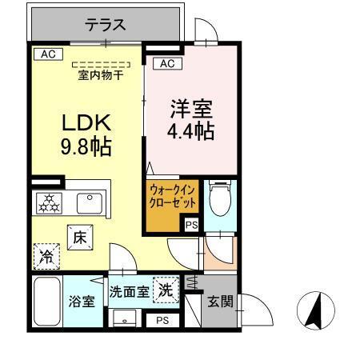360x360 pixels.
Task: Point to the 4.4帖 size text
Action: click(x=192, y=131)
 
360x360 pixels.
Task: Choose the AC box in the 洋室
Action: click(x=166, y=63)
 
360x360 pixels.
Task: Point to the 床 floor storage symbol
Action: click(x=80, y=238)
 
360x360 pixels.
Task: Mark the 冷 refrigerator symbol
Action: click(x=46, y=258)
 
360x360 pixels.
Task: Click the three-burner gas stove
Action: click(x=49, y=203)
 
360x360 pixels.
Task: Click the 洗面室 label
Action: click(x=129, y=291)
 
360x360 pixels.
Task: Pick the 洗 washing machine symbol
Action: click(x=166, y=289)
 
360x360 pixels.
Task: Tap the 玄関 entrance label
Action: click(x=221, y=302)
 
